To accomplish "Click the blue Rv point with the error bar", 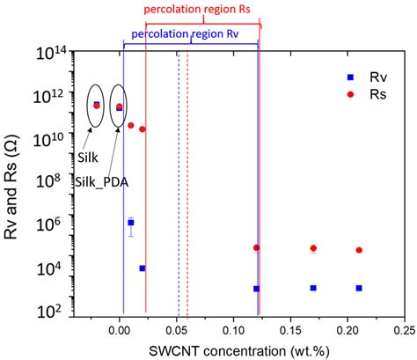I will [x=131, y=223].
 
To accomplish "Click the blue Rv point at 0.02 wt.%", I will [x=143, y=268].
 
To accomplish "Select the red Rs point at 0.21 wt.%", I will [x=359, y=250].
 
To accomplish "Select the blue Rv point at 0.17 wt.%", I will [x=313, y=288].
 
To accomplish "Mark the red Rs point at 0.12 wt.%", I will [x=256, y=248].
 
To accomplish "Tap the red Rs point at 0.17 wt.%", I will [x=313, y=248].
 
